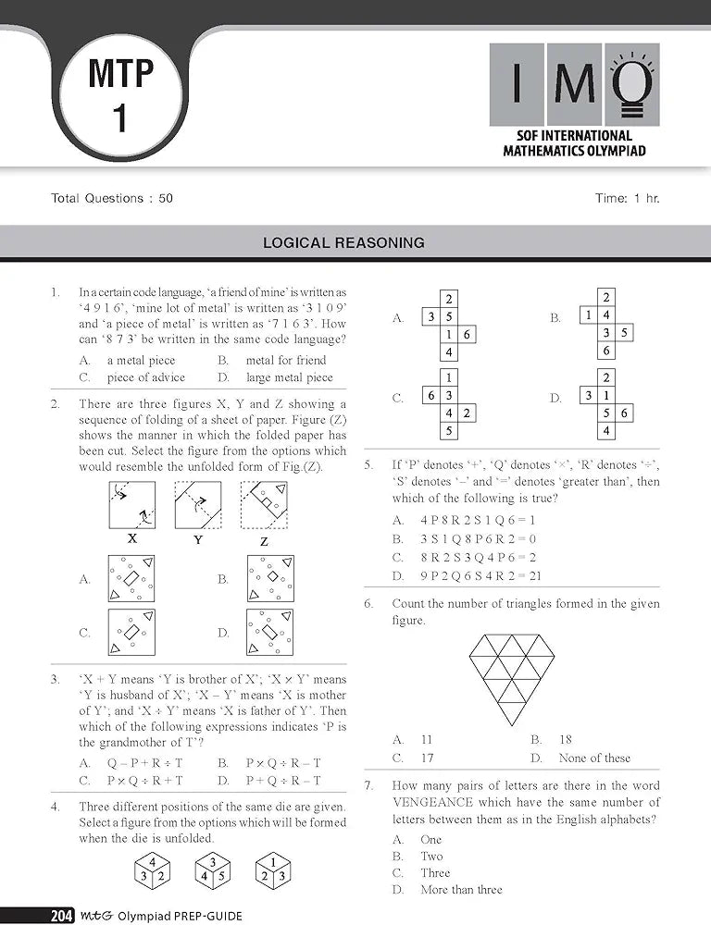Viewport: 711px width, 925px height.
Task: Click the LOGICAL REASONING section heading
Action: [343, 243]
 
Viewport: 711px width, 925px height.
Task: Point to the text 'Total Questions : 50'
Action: [112, 198]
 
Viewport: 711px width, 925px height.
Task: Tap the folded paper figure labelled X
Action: [131, 505]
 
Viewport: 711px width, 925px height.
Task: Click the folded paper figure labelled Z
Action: [264, 505]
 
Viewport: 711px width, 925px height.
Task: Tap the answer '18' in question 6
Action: [565, 740]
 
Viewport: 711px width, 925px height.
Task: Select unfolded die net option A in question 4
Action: [448, 326]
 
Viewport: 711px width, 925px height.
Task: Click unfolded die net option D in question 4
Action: [605, 405]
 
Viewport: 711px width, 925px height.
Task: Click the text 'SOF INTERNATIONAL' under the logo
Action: [574, 136]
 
